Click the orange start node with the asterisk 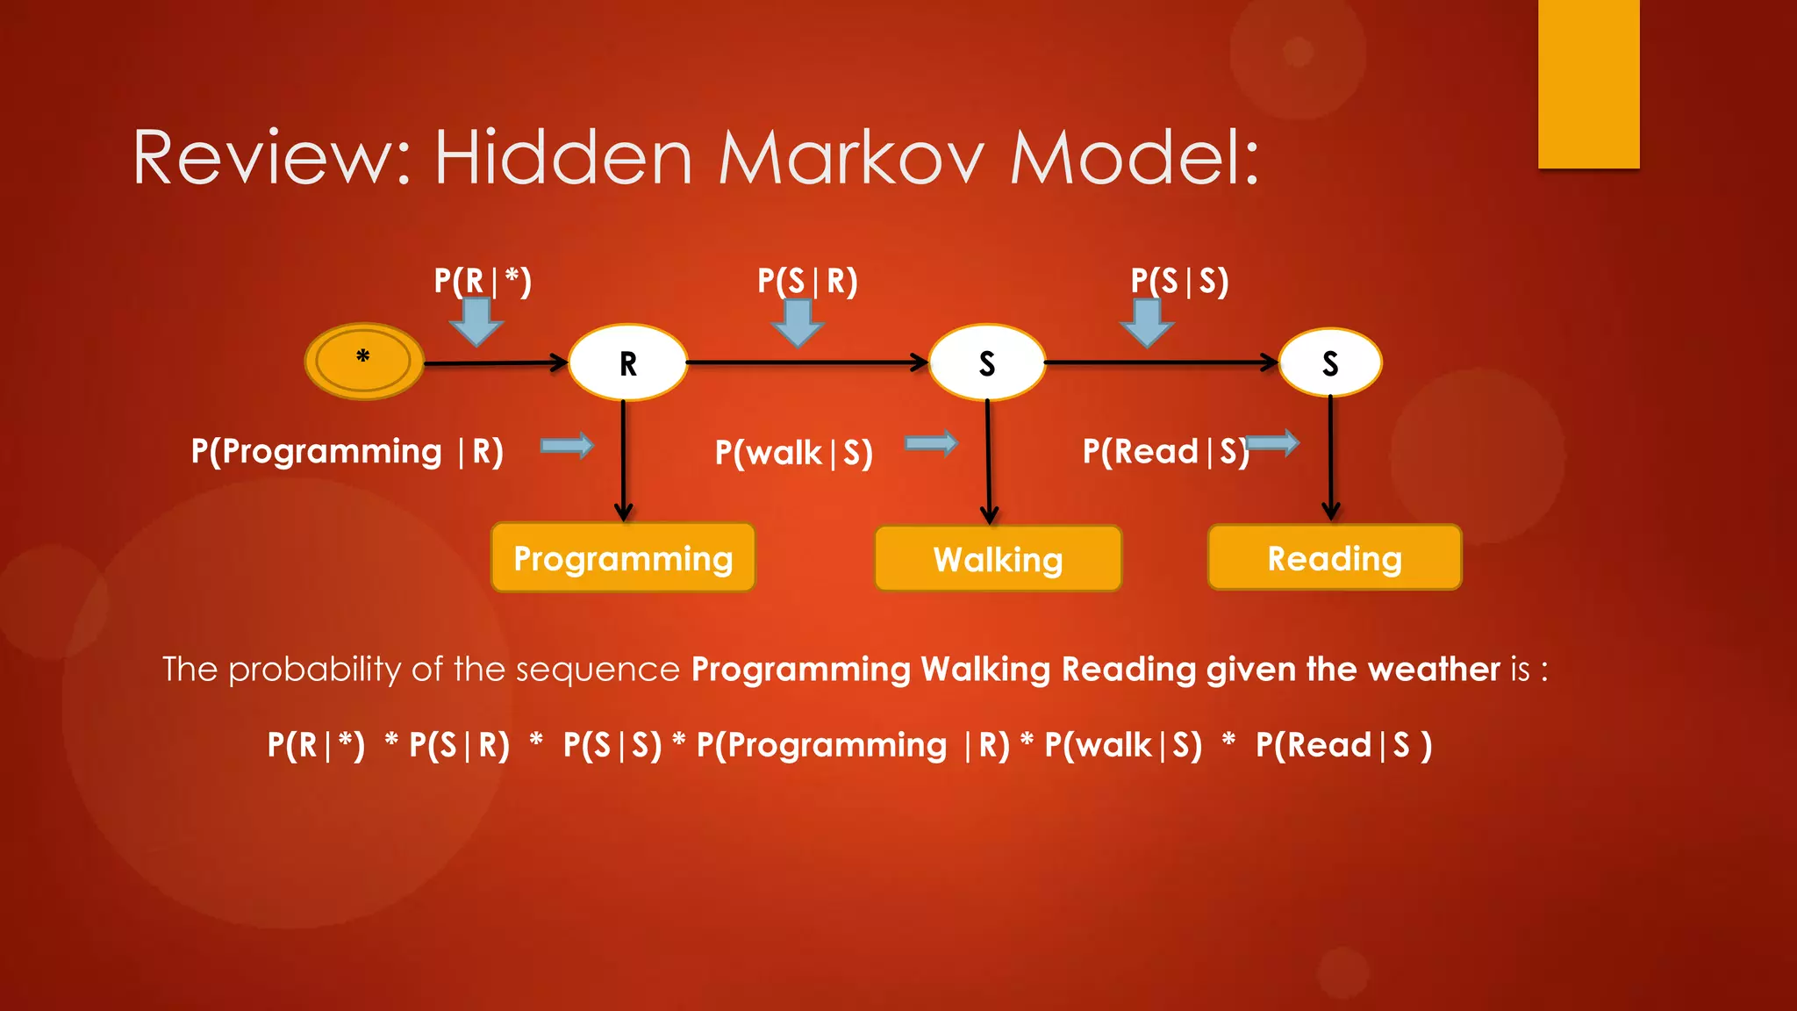363,361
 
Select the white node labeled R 627,362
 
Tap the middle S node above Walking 987,362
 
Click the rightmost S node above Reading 1330,362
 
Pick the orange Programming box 623,558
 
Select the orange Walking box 998,559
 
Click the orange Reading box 1334,558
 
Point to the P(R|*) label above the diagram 483,281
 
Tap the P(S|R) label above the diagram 807,281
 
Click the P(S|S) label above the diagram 1179,281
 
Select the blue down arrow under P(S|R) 798,323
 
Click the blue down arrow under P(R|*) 476,322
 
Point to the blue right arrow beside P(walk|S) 931,443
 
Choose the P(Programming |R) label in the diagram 347,451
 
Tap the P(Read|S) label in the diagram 1165,451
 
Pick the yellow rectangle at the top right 1588,83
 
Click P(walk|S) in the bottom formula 1123,745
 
